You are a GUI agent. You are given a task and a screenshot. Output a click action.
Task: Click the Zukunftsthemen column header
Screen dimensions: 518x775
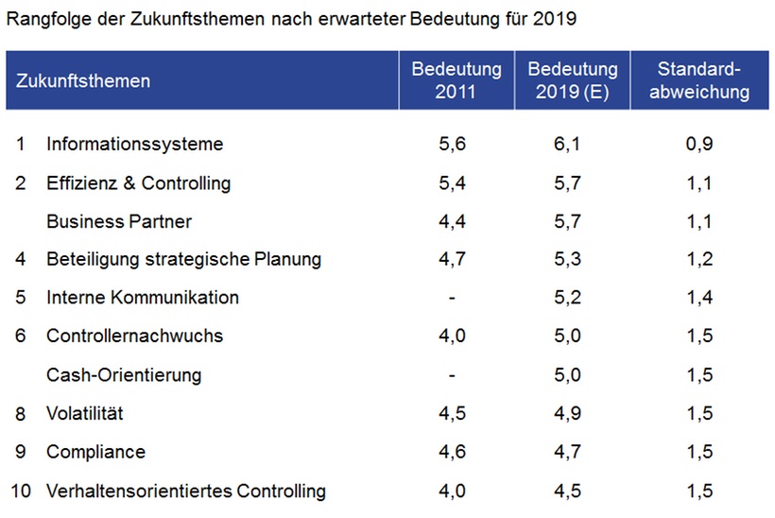click(x=83, y=80)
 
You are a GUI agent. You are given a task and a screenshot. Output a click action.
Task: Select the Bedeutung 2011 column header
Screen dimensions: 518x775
click(x=456, y=80)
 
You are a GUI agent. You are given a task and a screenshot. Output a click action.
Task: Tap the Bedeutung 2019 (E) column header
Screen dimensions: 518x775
click(x=572, y=80)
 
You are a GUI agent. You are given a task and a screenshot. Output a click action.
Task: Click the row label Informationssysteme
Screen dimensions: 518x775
click(x=134, y=144)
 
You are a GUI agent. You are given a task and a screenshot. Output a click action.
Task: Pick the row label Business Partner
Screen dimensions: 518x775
click(x=119, y=221)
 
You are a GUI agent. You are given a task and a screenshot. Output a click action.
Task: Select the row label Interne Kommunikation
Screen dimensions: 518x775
click(x=143, y=298)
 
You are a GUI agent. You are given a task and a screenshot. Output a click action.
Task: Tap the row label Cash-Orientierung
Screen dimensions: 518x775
click(x=124, y=375)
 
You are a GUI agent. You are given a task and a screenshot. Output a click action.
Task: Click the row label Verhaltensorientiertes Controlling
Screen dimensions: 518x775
click(x=186, y=491)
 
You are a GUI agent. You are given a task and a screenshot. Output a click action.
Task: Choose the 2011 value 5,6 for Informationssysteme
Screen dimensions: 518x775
click(x=454, y=144)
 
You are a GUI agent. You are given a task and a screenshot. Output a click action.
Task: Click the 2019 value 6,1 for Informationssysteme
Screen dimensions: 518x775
click(x=571, y=144)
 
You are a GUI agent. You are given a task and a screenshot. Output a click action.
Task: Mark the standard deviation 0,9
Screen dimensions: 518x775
click(x=700, y=144)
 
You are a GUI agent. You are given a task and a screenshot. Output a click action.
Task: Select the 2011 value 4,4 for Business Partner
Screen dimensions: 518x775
click(x=454, y=221)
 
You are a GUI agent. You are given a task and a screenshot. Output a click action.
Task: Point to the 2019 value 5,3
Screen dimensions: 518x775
click(x=571, y=259)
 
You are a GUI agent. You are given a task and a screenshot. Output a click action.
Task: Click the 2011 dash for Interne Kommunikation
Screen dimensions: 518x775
click(x=454, y=298)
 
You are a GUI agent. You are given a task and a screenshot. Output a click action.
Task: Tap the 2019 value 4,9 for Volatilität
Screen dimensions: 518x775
click(x=571, y=413)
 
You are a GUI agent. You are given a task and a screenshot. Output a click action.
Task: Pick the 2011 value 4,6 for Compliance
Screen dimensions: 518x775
click(x=454, y=452)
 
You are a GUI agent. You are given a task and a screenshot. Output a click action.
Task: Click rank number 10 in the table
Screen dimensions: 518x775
click(x=21, y=491)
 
